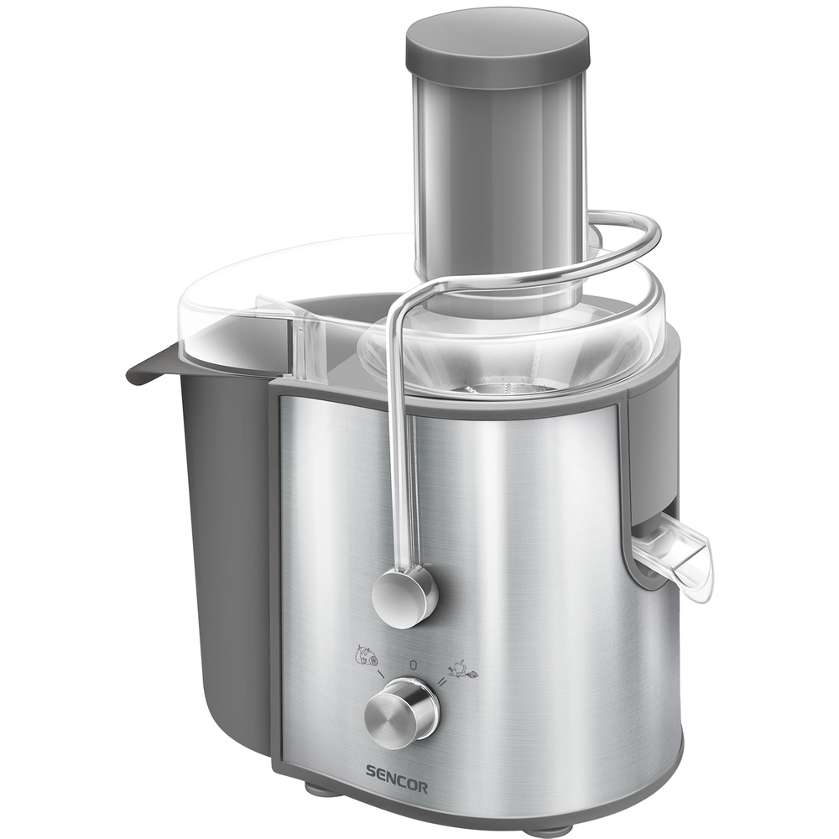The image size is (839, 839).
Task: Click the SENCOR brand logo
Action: coord(397,787)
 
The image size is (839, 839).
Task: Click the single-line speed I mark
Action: coord(381,675)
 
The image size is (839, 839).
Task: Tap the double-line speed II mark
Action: coord(442,681)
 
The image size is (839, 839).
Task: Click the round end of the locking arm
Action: coord(404,597)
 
